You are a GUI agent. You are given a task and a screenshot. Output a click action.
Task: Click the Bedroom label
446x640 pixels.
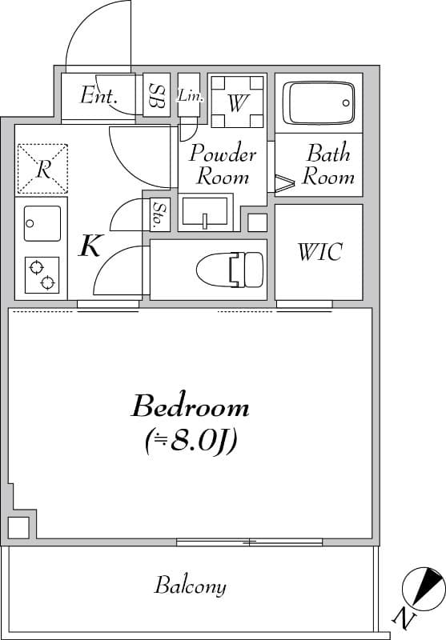pyautogui.click(x=190, y=406)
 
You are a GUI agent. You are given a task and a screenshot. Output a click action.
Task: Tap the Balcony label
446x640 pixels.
pyautogui.click(x=190, y=586)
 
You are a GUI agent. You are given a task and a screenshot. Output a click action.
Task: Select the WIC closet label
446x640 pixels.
pyautogui.click(x=319, y=252)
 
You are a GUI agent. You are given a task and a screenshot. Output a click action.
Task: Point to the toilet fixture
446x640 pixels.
pyautogui.click(x=230, y=270)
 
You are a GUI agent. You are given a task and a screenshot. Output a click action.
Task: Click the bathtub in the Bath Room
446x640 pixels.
pyautogui.click(x=319, y=103)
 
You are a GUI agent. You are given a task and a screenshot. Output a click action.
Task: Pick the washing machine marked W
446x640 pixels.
pyautogui.click(x=237, y=102)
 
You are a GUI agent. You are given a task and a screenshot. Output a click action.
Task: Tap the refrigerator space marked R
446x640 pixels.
pyautogui.click(x=42, y=168)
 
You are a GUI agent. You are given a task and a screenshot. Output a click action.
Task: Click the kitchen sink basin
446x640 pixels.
pyautogui.click(x=42, y=223)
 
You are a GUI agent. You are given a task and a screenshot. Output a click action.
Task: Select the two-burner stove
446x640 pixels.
pyautogui.click(x=42, y=275)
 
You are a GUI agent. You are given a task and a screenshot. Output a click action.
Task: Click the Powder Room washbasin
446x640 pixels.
pyautogui.click(x=205, y=211)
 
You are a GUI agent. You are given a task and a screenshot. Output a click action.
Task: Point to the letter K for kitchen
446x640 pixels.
pyautogui.click(x=90, y=246)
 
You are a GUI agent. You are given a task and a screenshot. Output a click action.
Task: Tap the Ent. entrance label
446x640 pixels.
pyautogui.click(x=99, y=95)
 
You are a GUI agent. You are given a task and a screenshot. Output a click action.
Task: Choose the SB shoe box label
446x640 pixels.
pyautogui.click(x=156, y=96)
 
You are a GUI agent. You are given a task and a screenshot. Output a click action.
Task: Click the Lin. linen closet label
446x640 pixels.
pyautogui.click(x=191, y=96)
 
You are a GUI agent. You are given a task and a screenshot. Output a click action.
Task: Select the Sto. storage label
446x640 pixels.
pyautogui.click(x=157, y=214)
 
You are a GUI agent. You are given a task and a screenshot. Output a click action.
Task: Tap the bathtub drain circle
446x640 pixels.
pyautogui.click(x=346, y=103)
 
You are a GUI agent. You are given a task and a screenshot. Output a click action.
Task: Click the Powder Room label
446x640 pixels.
pyautogui.click(x=223, y=164)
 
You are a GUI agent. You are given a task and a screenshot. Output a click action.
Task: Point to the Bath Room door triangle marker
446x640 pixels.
pyautogui.click(x=284, y=183)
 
